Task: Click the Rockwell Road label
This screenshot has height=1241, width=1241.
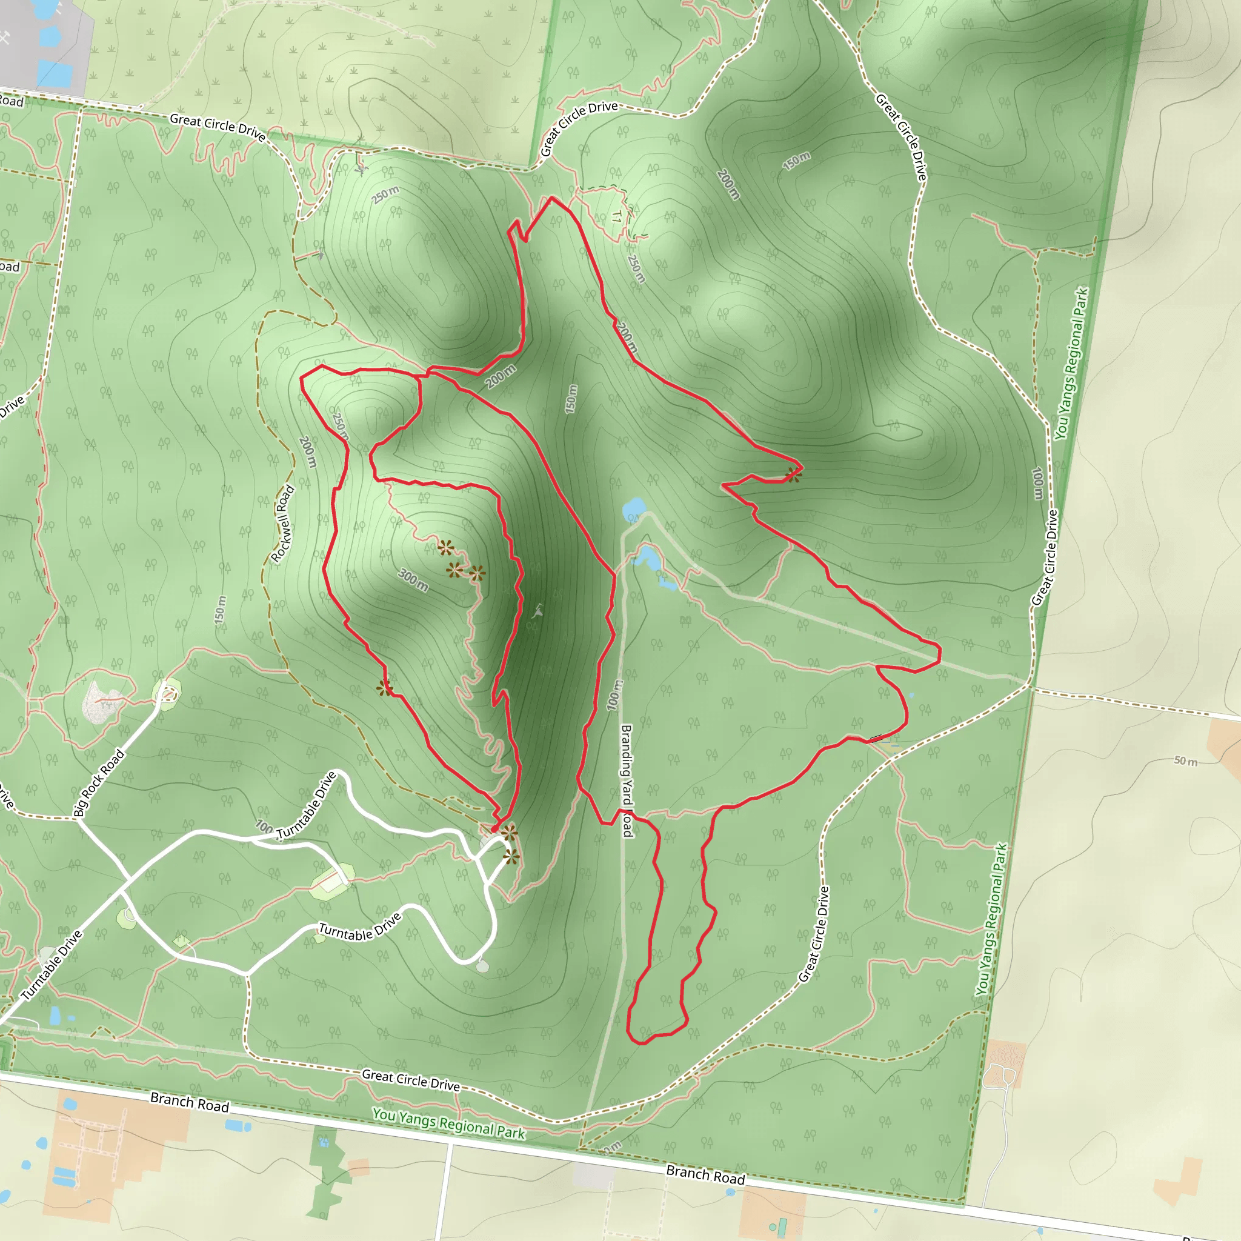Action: (x=282, y=524)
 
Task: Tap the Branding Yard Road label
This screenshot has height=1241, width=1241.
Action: (x=627, y=780)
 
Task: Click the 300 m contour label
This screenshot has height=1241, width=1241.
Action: (x=413, y=579)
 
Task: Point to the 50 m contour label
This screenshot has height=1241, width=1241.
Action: (x=1185, y=761)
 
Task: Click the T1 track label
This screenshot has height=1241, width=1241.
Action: (x=617, y=216)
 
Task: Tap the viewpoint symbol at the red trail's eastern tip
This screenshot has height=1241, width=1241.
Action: (x=794, y=474)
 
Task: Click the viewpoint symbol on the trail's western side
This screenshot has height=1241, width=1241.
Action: (x=384, y=688)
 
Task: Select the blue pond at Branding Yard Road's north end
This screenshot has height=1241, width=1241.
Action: (x=634, y=510)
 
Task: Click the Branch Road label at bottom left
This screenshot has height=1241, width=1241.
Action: (x=190, y=1102)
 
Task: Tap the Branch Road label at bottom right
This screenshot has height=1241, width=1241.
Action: (x=705, y=1175)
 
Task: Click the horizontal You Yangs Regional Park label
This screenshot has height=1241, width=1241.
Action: (x=448, y=1123)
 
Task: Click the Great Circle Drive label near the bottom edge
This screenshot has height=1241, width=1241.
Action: (x=410, y=1080)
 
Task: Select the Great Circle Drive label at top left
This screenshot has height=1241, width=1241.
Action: (x=217, y=127)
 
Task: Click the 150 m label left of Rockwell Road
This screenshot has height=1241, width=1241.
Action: (x=221, y=610)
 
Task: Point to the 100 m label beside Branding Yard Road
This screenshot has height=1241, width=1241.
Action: (x=613, y=695)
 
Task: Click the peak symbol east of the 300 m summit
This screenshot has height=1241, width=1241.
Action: (x=537, y=611)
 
